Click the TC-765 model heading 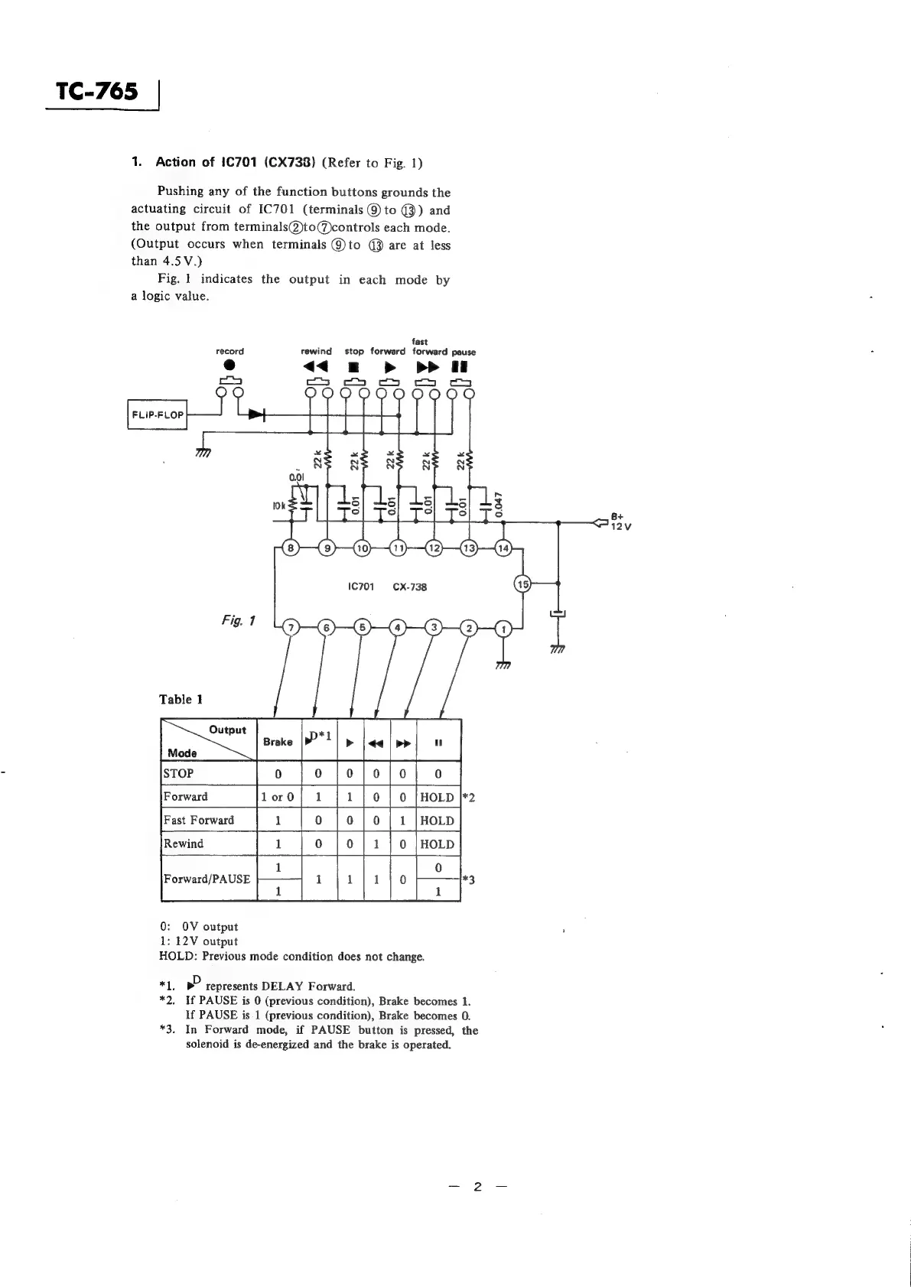99,92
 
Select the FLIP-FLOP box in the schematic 158,414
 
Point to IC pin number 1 504,629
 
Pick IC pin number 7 290,629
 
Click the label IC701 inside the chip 360,587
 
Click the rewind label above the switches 317,352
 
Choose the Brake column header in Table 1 278,742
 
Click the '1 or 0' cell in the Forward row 278,797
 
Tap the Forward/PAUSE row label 207,879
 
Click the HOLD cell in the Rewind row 438,844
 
